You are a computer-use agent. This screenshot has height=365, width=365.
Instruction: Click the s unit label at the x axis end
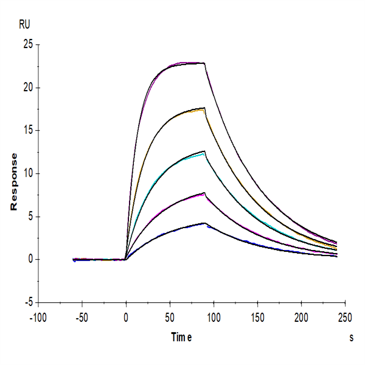(352, 336)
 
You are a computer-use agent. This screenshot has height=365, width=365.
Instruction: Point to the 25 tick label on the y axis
(27, 44)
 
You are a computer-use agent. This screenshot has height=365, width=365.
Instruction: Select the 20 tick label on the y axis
(27, 88)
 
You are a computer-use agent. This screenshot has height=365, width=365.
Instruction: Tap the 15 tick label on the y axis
(27, 130)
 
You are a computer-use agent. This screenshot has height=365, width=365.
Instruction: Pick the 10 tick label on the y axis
(27, 173)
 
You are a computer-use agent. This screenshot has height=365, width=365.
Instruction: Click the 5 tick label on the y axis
(29, 217)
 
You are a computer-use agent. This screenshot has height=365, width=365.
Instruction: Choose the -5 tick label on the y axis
(28, 302)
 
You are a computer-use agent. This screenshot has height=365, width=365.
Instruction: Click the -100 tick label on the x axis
(38, 318)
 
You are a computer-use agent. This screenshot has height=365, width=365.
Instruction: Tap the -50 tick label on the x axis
(82, 318)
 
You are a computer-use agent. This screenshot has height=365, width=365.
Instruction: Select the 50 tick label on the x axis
(170, 318)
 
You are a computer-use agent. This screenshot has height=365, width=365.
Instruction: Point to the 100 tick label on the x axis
(214, 318)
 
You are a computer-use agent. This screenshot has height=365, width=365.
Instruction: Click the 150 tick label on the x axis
(257, 318)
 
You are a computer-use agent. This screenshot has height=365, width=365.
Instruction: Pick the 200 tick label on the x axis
(301, 318)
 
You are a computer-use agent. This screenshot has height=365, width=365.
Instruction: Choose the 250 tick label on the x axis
(345, 318)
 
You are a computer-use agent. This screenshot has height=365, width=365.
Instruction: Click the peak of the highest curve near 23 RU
(204, 63)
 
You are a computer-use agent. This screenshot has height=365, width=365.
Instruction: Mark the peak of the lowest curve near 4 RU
(205, 223)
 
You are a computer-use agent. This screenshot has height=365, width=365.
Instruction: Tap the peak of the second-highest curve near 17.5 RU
(204, 108)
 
